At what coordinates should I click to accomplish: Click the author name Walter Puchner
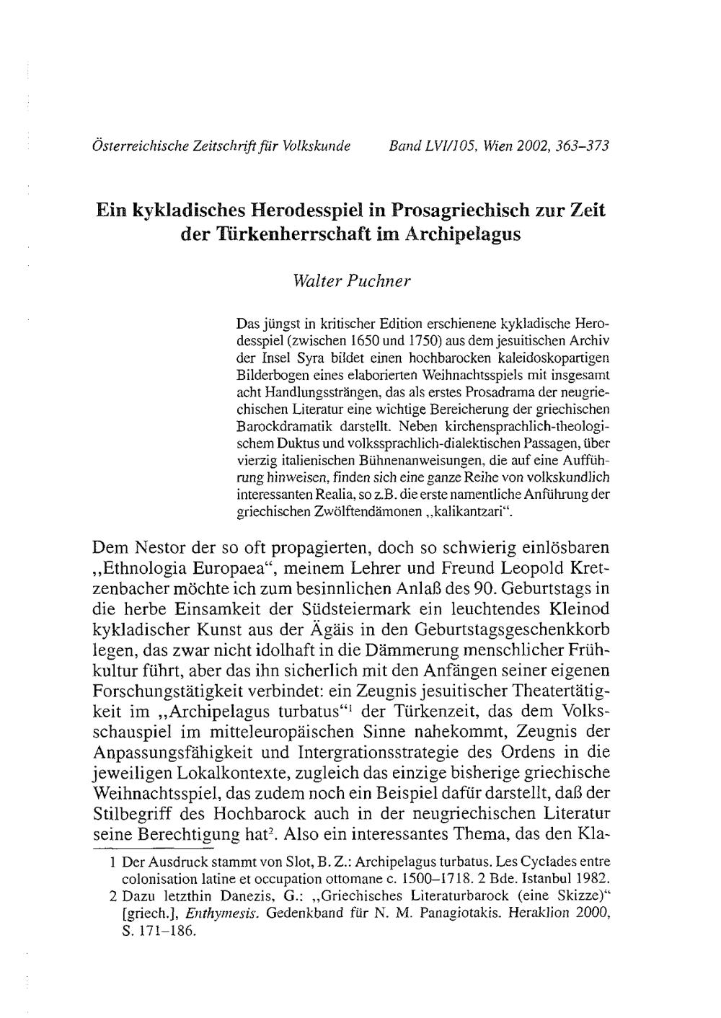click(352, 279)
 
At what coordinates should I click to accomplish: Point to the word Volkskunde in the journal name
click(315, 146)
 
